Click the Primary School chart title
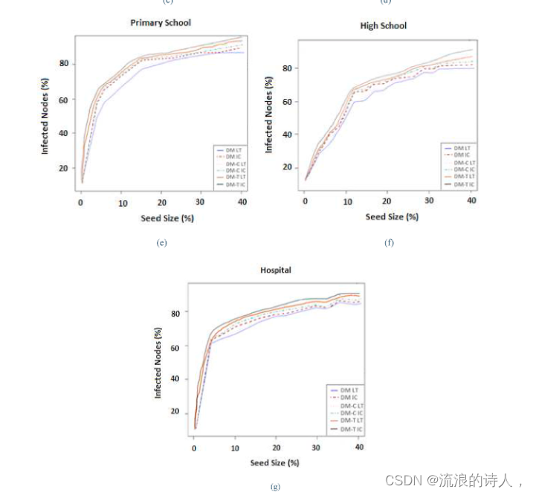coord(161,23)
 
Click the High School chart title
coord(383,26)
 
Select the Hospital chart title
coord(275,270)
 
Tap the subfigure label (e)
coord(162,242)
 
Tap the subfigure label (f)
coord(388,242)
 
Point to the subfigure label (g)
coord(277,487)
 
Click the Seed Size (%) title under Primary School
coord(164,219)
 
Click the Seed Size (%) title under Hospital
coord(274,463)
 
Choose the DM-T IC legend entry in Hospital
coord(351,429)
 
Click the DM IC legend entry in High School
coord(461,155)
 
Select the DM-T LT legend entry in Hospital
coord(351,421)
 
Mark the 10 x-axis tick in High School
coord(346,201)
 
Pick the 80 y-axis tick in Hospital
coord(175,314)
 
